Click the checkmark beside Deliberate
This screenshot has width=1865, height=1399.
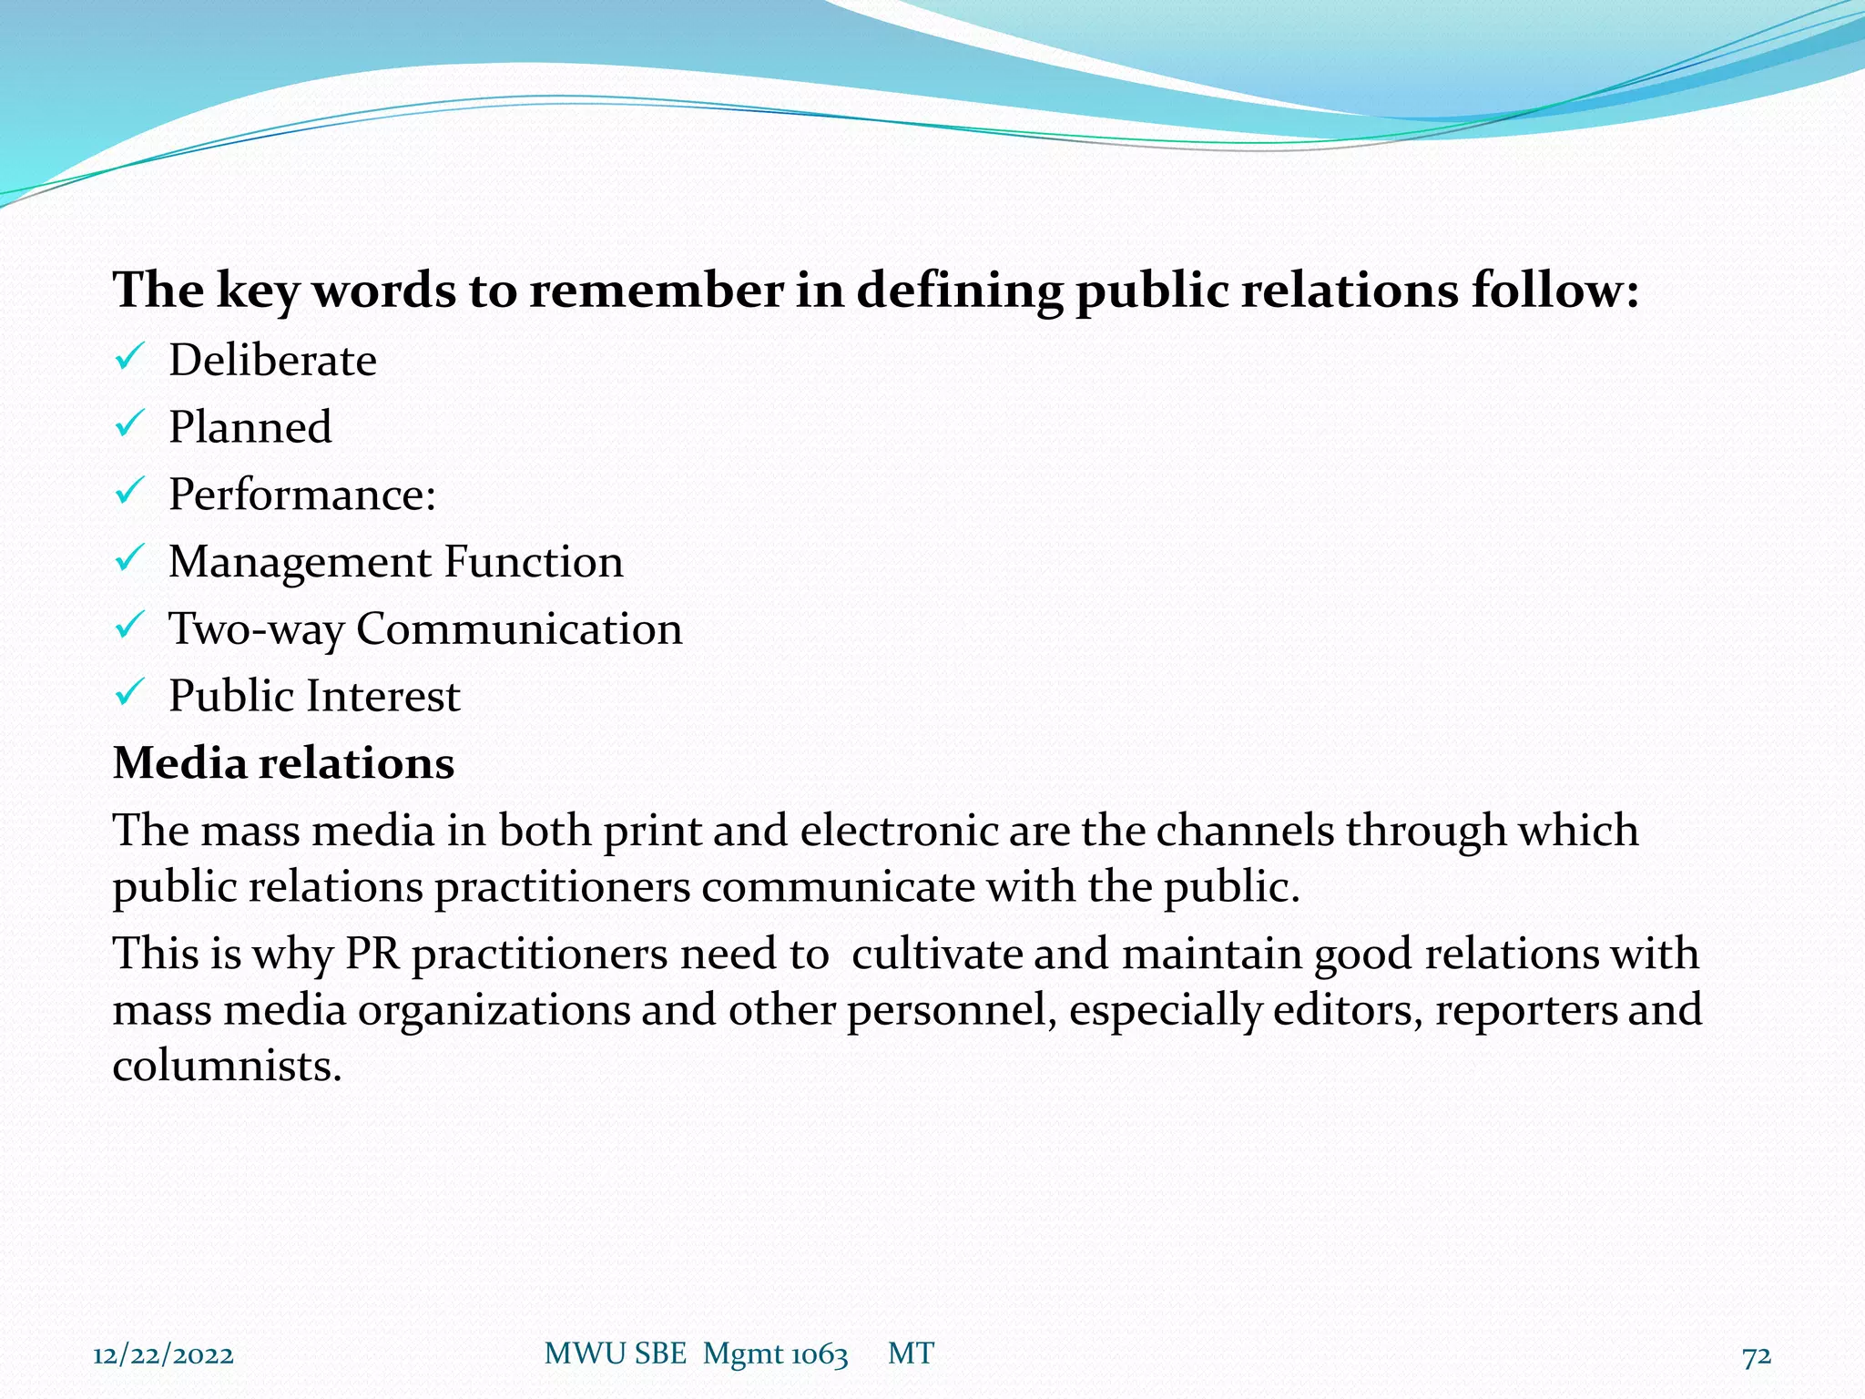pyautogui.click(x=127, y=357)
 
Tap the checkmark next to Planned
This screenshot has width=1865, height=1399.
pyautogui.click(x=127, y=424)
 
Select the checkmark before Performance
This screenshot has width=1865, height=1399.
pyautogui.click(x=127, y=492)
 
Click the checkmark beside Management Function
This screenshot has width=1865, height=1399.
pyautogui.click(x=127, y=559)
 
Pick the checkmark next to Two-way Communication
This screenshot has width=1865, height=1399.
pyautogui.click(x=127, y=627)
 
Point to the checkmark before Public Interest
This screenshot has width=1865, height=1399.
pyautogui.click(x=127, y=694)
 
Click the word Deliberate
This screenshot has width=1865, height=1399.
pyautogui.click(x=272, y=361)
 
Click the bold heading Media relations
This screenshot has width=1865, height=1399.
pyautogui.click(x=283, y=763)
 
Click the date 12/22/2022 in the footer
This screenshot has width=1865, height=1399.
pyautogui.click(x=163, y=1355)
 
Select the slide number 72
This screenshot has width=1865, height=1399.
pyautogui.click(x=1757, y=1356)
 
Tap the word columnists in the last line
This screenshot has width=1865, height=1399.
pyautogui.click(x=226, y=1066)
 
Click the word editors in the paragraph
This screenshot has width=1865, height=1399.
pyautogui.click(x=1347, y=1010)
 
